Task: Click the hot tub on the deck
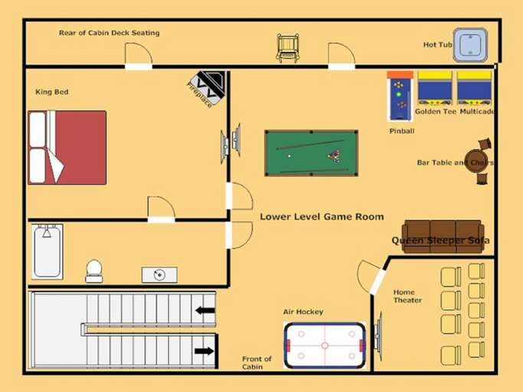470,44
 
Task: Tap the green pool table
311,152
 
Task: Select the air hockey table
325,345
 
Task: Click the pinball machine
400,98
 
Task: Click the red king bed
67,148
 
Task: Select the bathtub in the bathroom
47,252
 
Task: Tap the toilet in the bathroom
94,270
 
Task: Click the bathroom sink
159,275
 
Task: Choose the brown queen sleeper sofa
443,236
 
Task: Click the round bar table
476,161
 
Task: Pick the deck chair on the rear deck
288,47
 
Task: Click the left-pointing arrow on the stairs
204,310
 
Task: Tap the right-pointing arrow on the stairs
204,351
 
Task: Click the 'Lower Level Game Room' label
322,217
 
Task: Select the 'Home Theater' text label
407,296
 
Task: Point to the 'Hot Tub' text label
437,45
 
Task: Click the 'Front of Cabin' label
257,363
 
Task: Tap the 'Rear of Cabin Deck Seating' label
109,33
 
